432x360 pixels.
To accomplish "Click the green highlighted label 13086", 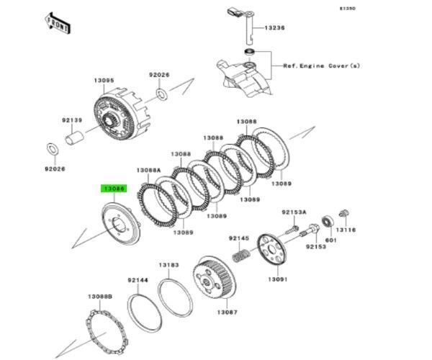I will [114, 189].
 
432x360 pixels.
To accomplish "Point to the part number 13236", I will [275, 27].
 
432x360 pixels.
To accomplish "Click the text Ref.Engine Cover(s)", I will [321, 66].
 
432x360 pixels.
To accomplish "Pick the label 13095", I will [103, 80].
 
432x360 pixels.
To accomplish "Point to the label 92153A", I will [294, 212].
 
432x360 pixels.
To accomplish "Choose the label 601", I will [331, 240].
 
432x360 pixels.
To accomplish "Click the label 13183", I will [169, 265].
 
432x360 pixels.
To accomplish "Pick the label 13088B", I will [100, 297].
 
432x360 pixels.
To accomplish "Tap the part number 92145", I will [239, 238].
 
